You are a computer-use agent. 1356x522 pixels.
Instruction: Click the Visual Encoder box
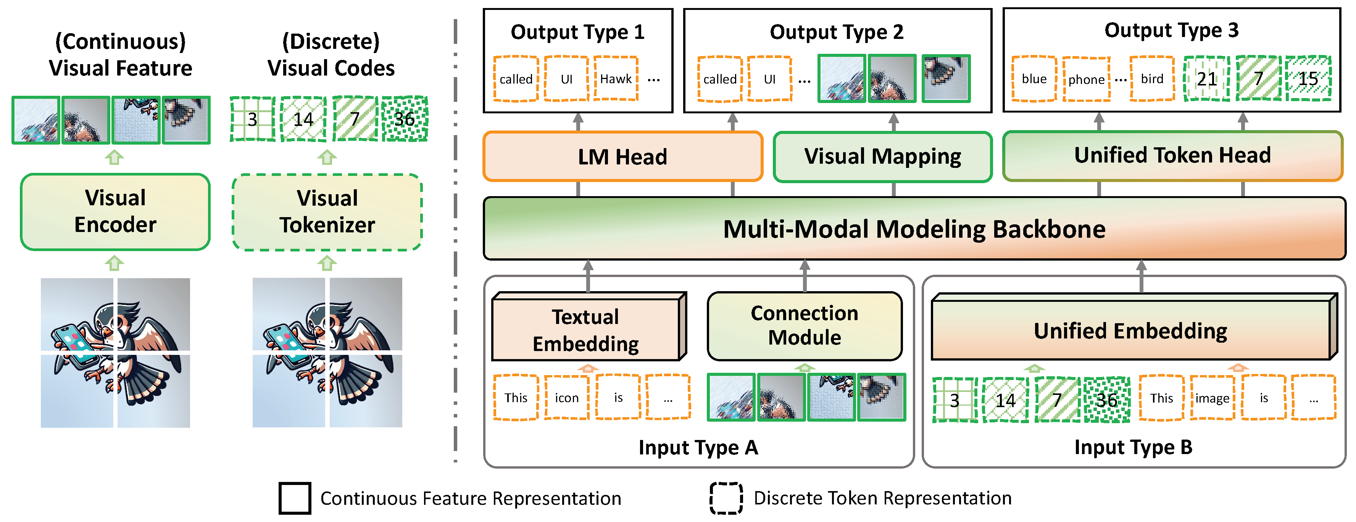pos(115,211)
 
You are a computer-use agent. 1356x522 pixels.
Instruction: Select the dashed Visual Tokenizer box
pos(327,211)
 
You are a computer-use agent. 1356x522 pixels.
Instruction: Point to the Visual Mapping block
pos(882,156)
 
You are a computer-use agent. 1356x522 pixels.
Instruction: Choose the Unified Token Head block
pos(1172,155)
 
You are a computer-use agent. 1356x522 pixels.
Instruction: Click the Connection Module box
pos(805,326)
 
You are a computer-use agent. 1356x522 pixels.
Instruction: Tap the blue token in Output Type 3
pos(1034,79)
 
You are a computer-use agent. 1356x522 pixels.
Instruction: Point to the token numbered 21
pos(1206,79)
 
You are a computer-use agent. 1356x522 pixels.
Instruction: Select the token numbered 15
pos(1308,79)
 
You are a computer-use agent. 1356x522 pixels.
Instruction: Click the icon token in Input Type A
pos(566,398)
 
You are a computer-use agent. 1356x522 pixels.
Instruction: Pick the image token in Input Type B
pos(1212,398)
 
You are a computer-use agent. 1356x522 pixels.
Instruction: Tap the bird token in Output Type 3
pos(1152,79)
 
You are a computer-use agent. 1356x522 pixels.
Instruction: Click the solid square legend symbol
pos(295,498)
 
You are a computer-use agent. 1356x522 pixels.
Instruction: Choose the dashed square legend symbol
pos(726,498)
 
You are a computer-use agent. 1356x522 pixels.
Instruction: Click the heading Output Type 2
pos(837,32)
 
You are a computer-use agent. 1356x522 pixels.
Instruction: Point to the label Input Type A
pos(698,447)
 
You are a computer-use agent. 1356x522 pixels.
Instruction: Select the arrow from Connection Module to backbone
pos(805,276)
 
